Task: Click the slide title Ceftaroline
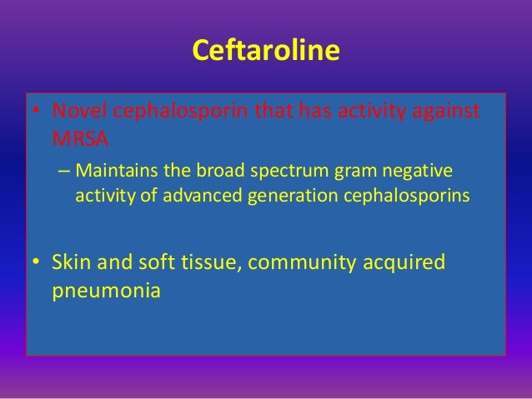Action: (x=266, y=52)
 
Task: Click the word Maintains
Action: (x=111, y=172)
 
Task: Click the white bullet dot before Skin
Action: (x=36, y=263)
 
